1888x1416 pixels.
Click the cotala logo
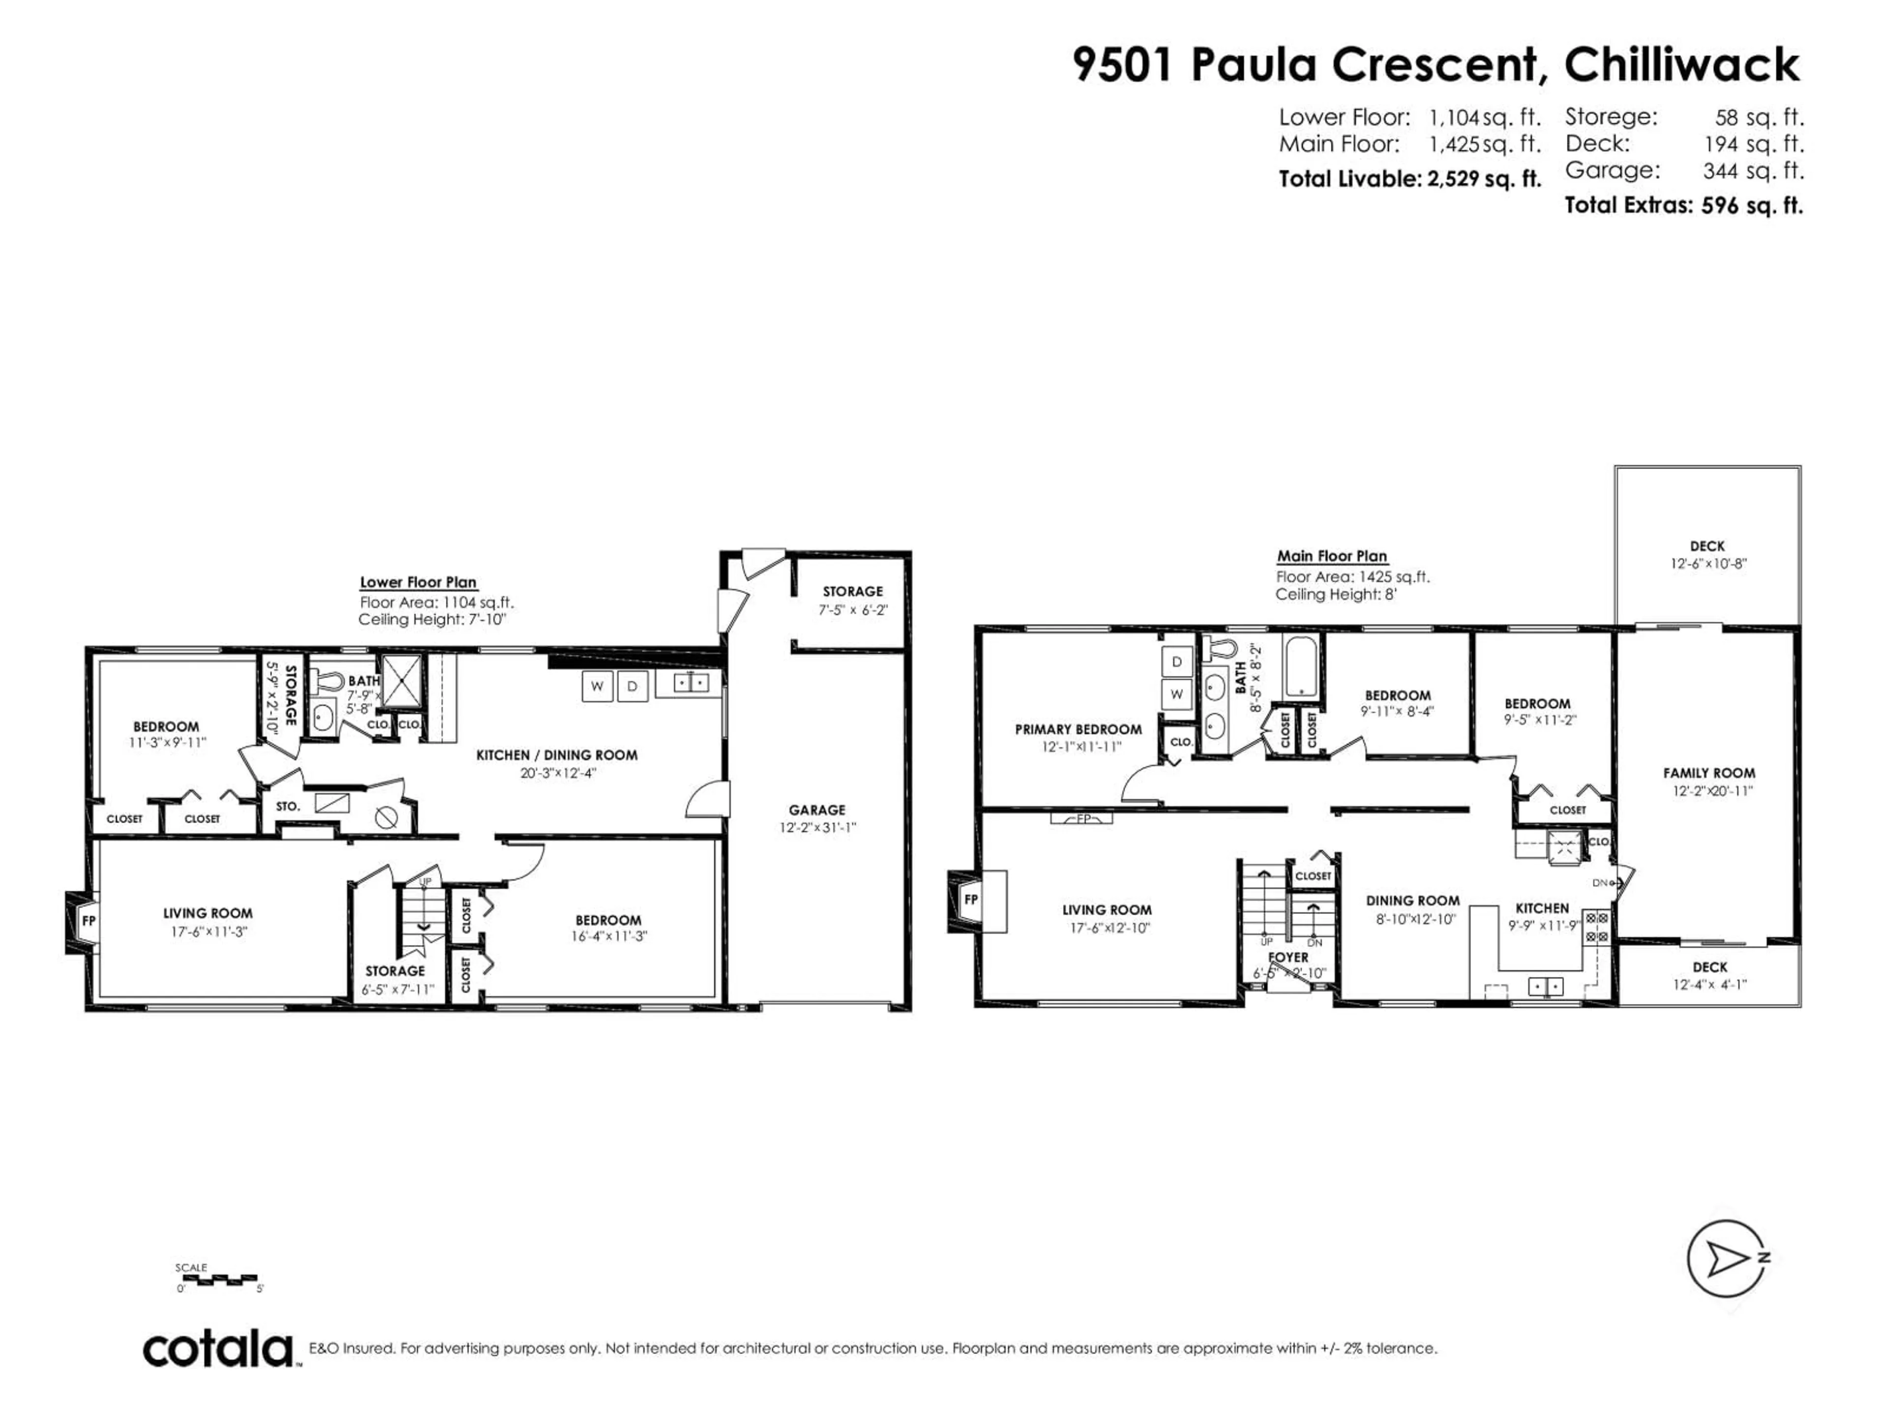pyautogui.click(x=218, y=1350)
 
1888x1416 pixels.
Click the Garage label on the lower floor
pyautogui.click(x=817, y=810)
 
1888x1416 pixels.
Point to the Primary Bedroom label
pyautogui.click(x=1078, y=729)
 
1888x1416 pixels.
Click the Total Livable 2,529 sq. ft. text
pyautogui.click(x=1409, y=179)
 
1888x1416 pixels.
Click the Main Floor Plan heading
pyautogui.click(x=1331, y=556)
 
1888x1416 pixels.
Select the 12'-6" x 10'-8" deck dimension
pyautogui.click(x=1709, y=563)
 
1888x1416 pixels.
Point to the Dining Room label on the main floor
pyautogui.click(x=1413, y=900)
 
